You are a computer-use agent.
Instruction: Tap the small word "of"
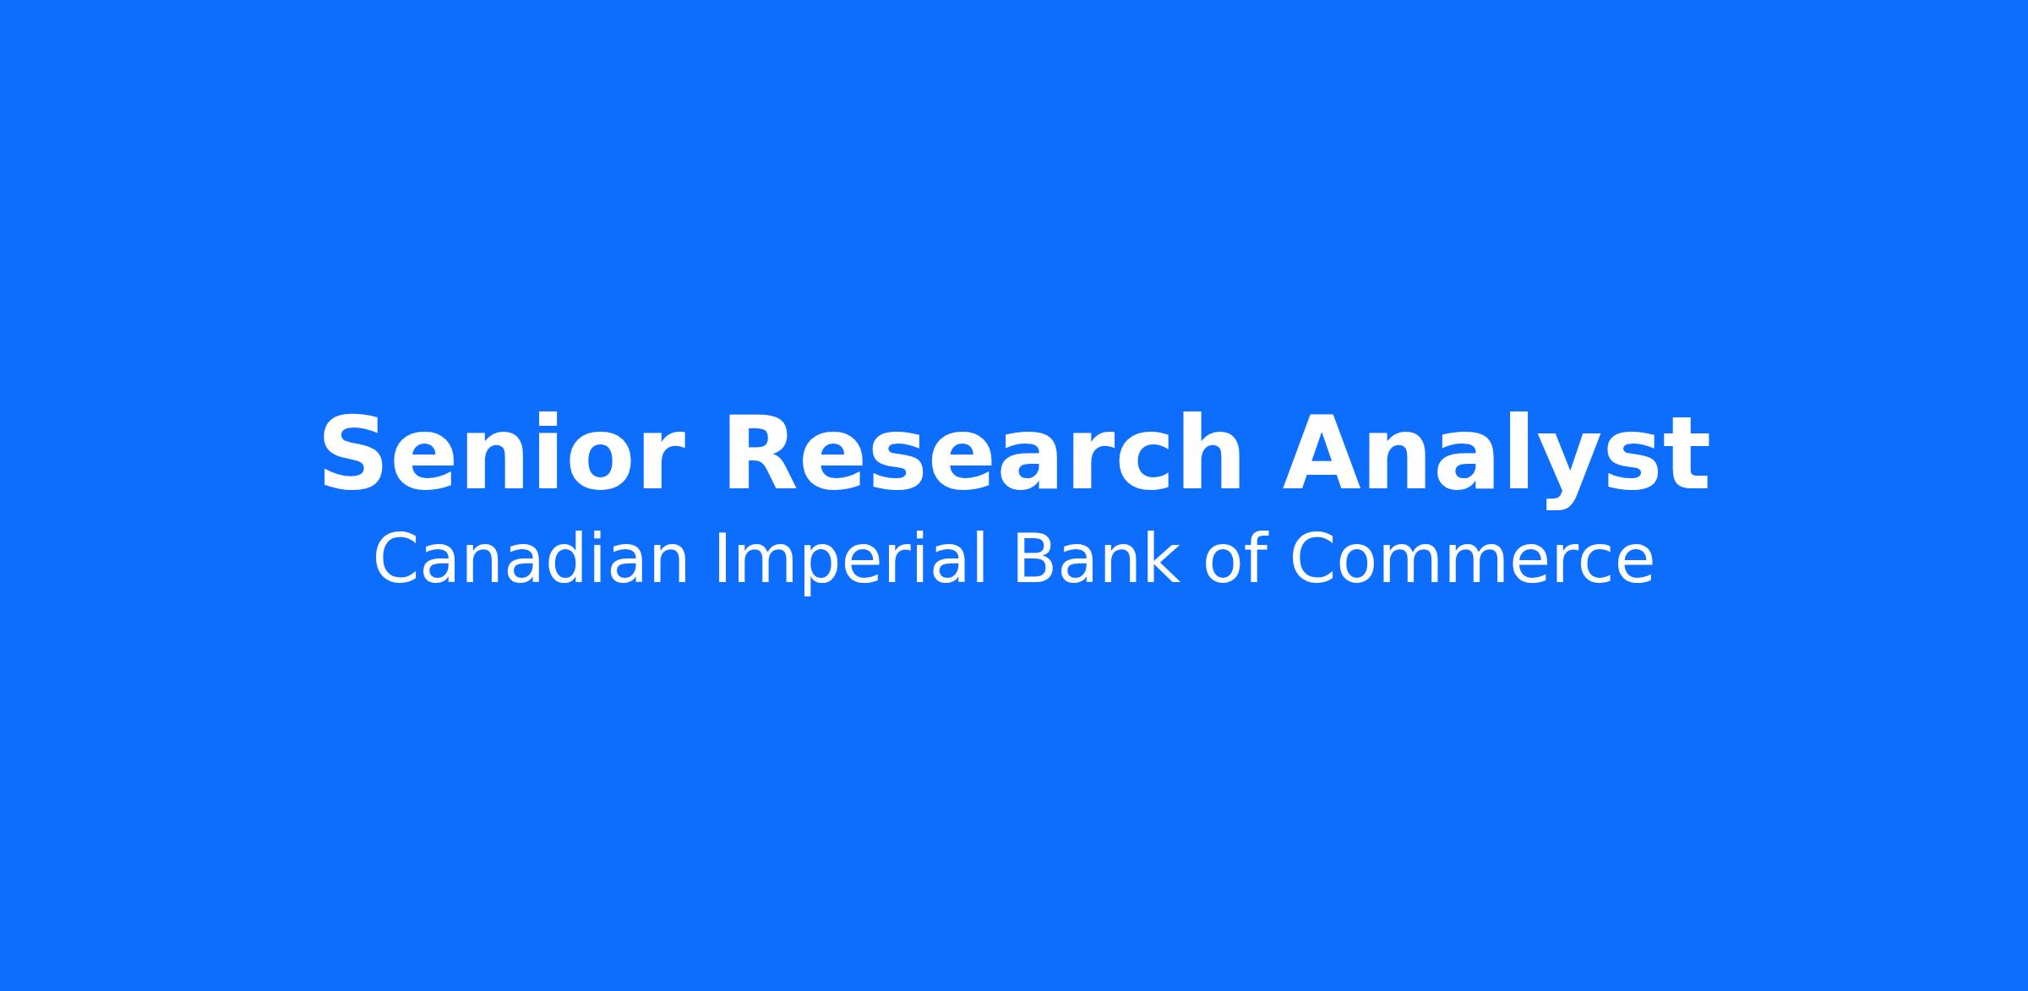point(1235,558)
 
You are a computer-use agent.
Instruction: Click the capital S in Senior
point(351,454)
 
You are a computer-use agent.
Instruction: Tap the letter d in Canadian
point(559,558)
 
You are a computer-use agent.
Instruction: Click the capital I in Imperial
point(720,558)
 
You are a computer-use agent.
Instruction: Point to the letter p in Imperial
point(811,569)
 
